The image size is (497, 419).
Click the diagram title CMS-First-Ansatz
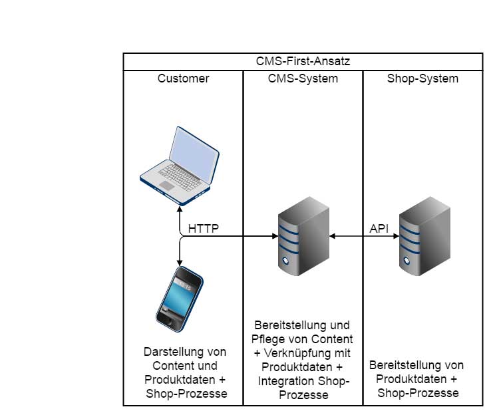point(303,61)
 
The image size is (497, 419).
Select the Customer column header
point(183,78)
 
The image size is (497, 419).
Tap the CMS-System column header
point(303,78)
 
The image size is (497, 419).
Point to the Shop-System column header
point(422,78)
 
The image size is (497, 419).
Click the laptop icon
point(180,166)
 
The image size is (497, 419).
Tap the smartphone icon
point(180,299)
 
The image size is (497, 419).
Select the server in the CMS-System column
point(303,236)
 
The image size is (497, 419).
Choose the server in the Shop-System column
point(424,236)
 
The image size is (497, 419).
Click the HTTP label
point(203,229)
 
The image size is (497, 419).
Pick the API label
point(379,229)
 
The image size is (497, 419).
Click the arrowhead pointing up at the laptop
point(180,209)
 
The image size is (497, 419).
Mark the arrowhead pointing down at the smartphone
point(180,263)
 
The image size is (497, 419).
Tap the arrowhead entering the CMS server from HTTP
point(275,236)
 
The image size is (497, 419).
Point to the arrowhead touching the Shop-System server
point(396,236)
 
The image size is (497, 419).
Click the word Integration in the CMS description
point(285,381)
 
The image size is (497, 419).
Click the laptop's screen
point(194,155)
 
